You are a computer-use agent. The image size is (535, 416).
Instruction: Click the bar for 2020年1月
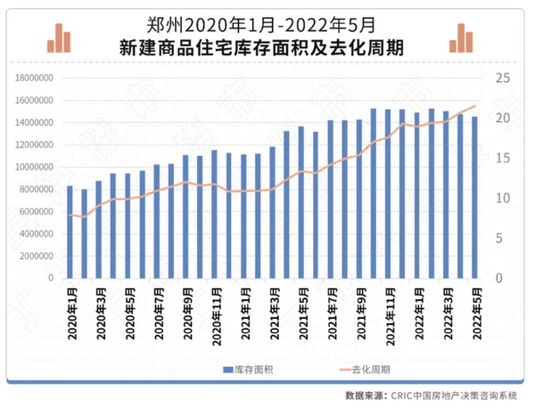pyautogui.click(x=70, y=232)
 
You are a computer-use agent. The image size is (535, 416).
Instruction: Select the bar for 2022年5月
pyautogui.click(x=474, y=197)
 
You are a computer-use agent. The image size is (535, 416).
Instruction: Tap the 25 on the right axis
pyautogui.click(x=502, y=79)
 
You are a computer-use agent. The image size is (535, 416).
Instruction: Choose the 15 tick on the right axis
pyautogui.click(x=502, y=158)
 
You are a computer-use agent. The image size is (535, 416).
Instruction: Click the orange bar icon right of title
pyautogui.click(x=464, y=37)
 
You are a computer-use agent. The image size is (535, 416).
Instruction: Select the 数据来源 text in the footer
pyautogui.click(x=364, y=394)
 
